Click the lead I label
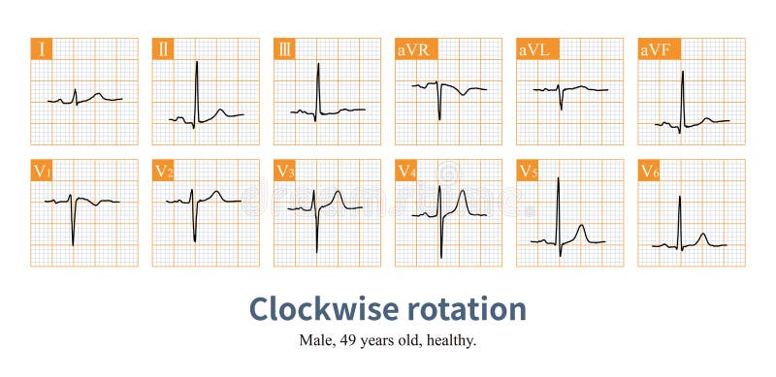(41, 49)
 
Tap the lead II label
(163, 49)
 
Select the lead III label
(284, 49)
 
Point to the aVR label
(412, 49)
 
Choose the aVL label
(533, 49)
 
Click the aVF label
(655, 49)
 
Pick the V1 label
(43, 172)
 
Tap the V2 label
(164, 172)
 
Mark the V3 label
(285, 172)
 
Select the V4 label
(406, 172)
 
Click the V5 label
(528, 172)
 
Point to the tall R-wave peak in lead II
(196, 62)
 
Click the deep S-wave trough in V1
(73, 244)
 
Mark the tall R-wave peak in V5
(558, 178)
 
